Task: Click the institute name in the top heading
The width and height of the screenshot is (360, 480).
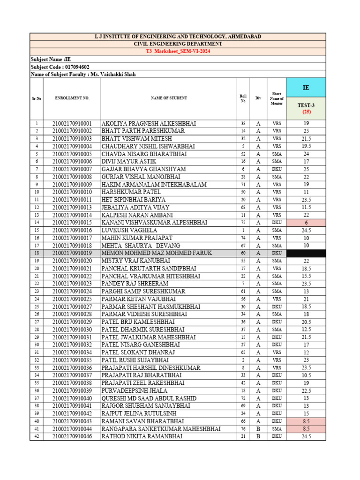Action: point(178,37)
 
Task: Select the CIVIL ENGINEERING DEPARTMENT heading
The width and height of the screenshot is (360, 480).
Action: point(178,44)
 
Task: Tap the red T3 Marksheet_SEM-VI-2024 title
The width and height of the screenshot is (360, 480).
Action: point(178,51)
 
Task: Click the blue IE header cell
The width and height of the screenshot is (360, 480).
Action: point(306,88)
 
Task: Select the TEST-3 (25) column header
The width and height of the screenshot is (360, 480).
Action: point(306,108)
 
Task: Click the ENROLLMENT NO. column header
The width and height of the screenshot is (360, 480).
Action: point(72,98)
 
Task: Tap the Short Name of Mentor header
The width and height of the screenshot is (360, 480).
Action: point(277,98)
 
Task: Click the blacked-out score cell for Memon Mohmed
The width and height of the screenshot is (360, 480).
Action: point(306,253)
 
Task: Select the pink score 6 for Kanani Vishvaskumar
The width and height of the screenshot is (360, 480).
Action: point(306,223)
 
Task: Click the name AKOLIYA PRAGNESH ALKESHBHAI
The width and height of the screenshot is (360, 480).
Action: point(149,123)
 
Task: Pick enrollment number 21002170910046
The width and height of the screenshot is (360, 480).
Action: point(72,436)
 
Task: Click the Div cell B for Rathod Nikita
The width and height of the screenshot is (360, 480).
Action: point(258,436)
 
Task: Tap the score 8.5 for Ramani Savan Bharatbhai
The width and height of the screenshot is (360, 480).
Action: point(306,421)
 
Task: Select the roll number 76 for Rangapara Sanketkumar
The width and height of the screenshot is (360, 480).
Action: point(243,429)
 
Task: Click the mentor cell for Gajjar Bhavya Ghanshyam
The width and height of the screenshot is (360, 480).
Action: point(277,169)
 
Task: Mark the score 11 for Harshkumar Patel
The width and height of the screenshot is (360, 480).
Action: point(306,192)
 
